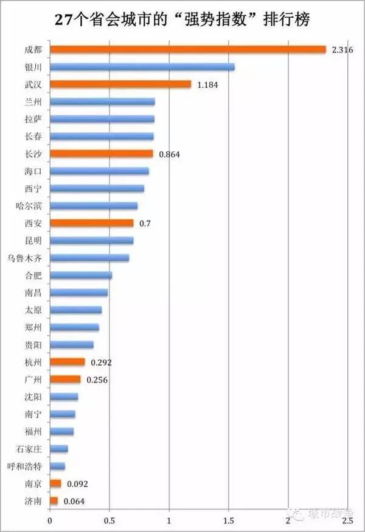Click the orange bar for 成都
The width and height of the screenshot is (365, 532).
[x=188, y=49]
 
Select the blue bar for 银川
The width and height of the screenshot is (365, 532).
[x=142, y=67]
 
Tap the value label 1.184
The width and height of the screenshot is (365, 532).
[x=207, y=85]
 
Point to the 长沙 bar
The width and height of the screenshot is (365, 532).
[x=101, y=154]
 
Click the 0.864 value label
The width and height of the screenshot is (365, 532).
[x=170, y=155]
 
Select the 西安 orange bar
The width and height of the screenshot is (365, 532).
[x=91, y=224]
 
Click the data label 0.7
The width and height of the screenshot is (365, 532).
[x=145, y=224]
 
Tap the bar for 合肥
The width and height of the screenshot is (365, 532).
[x=80, y=275]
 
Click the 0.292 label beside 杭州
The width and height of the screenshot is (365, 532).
[x=101, y=363]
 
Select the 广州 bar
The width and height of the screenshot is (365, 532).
[x=65, y=380]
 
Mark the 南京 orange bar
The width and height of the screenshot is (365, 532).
[x=55, y=484]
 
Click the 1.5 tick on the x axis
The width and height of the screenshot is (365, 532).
[x=228, y=522]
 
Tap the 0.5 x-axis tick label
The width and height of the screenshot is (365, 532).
[x=109, y=522]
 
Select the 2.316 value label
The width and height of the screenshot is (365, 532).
[x=343, y=50]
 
